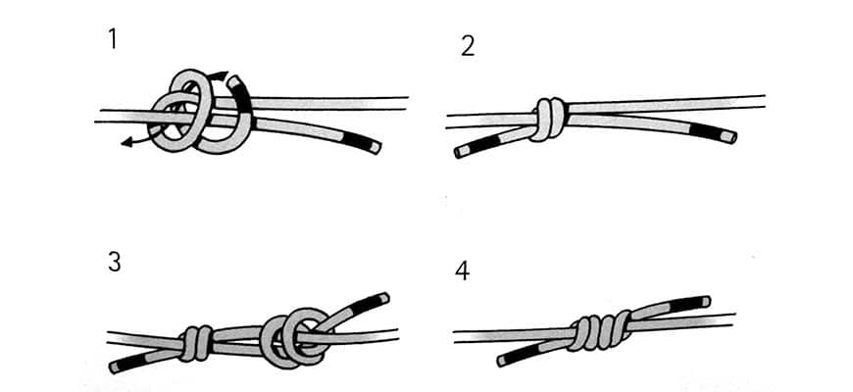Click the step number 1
[112, 38]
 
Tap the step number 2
[468, 47]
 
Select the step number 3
[115, 263]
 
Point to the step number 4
[462, 271]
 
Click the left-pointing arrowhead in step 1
[126, 143]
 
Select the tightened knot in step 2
[549, 120]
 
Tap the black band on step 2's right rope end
[706, 131]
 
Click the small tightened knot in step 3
[195, 344]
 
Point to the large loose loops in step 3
[294, 338]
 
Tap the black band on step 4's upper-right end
[685, 305]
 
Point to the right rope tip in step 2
[733, 136]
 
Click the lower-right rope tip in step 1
[376, 148]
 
